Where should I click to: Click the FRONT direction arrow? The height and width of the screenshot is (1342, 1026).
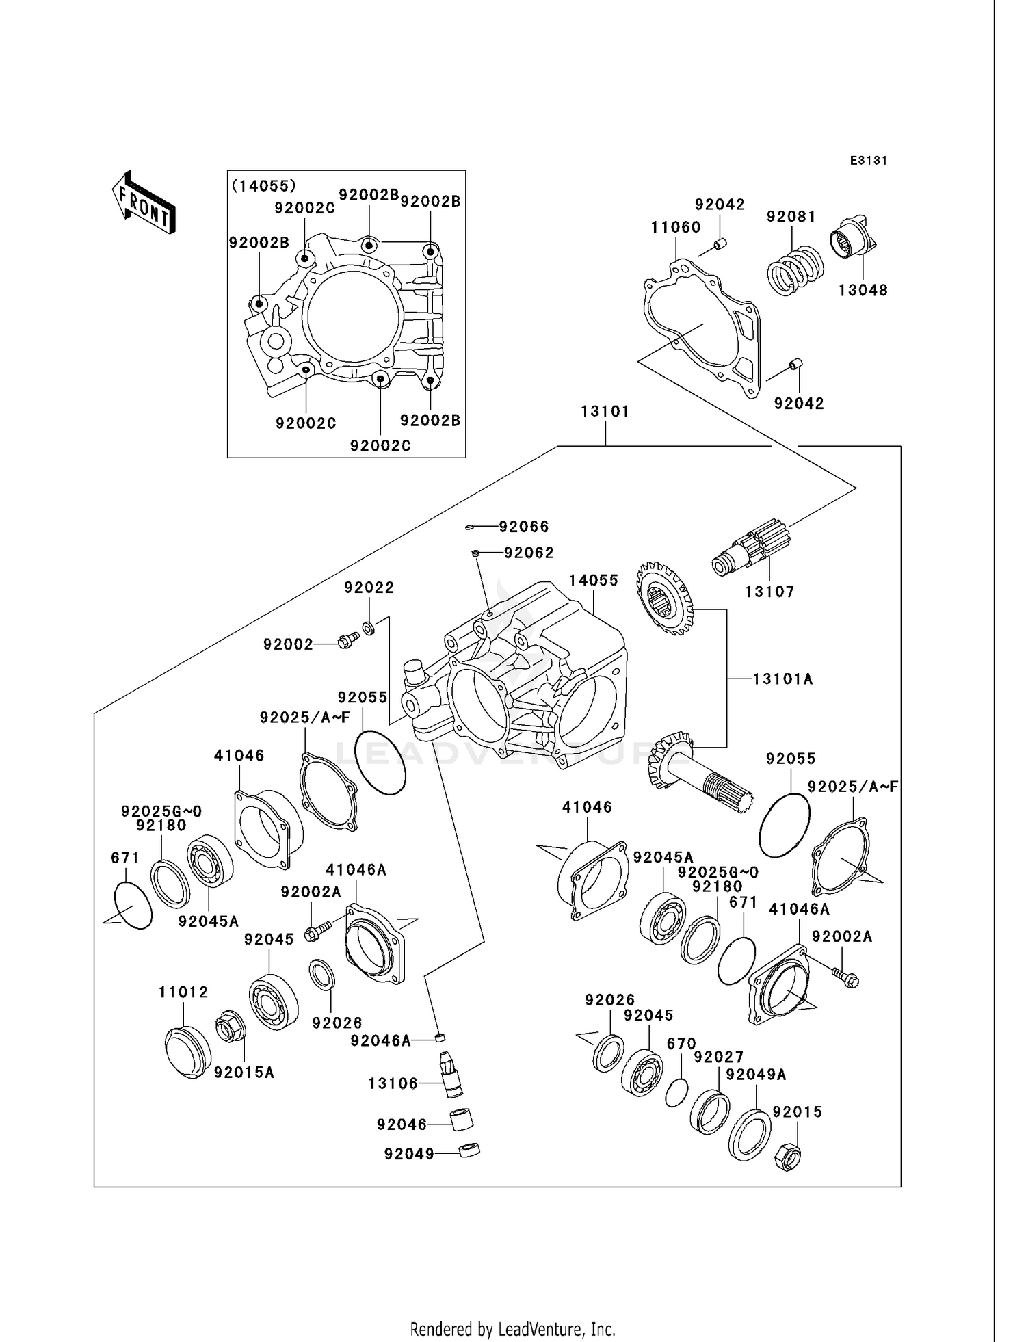[144, 204]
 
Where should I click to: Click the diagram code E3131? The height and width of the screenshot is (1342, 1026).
[868, 161]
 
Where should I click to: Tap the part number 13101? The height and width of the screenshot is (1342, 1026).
[605, 411]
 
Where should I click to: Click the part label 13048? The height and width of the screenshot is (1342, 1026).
[863, 290]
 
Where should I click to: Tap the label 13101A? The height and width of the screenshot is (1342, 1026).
[782, 679]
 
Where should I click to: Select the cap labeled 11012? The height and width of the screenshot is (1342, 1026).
[187, 1053]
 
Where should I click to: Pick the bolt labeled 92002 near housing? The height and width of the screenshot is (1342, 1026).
[348, 641]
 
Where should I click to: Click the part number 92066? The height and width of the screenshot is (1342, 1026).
[523, 527]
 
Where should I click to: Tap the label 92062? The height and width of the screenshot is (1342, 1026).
[529, 553]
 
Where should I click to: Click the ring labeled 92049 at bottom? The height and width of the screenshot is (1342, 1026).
[469, 1150]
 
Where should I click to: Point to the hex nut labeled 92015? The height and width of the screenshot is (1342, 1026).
[787, 1156]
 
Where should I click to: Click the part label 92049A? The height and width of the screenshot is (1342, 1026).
[755, 1075]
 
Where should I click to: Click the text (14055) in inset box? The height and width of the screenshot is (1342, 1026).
[263, 185]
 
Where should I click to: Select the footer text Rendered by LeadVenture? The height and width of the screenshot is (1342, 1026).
[512, 1330]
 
